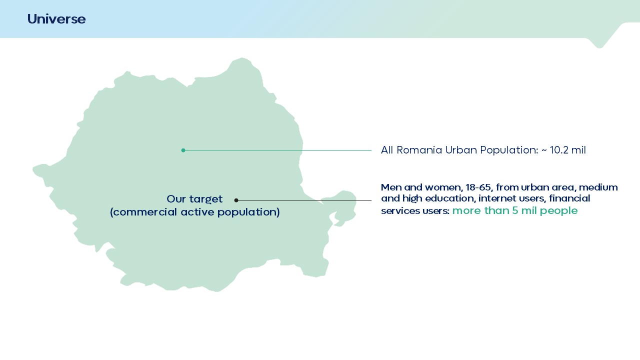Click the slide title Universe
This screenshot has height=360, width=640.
(x=56, y=19)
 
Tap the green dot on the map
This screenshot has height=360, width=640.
(x=183, y=150)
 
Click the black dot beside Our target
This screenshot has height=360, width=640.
(x=236, y=200)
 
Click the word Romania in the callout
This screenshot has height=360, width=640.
(x=419, y=150)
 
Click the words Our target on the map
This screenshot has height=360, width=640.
(x=194, y=199)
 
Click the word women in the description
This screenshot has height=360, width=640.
(x=442, y=187)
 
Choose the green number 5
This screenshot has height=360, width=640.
(x=515, y=210)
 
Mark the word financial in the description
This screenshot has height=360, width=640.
(x=569, y=198)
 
